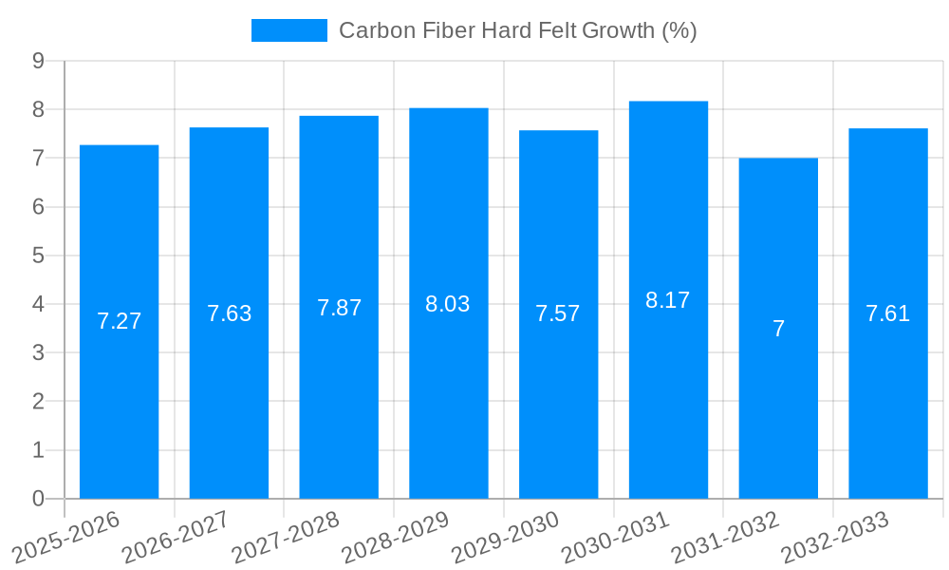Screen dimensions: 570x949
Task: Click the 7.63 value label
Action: [229, 313]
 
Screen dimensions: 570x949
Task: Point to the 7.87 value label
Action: [339, 308]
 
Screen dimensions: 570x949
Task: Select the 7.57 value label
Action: [558, 313]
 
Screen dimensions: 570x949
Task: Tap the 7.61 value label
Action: [887, 313]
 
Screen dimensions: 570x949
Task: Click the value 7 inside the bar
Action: [778, 329]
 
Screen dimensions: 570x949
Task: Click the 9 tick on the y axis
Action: [38, 61]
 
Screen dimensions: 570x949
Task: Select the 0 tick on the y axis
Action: [38, 499]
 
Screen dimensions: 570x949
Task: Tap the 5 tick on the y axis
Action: [38, 256]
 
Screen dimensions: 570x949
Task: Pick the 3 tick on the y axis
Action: [38, 352]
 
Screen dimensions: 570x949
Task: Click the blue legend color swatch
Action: [288, 30]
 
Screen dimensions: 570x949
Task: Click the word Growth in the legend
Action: [616, 30]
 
